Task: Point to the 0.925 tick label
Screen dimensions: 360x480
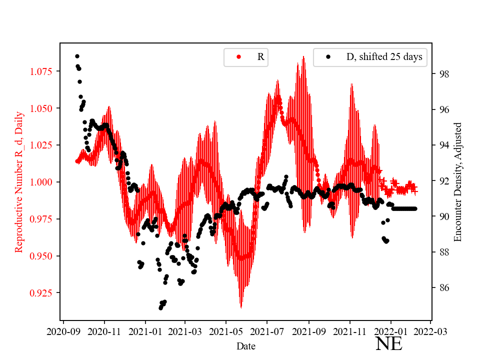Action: point(41,292)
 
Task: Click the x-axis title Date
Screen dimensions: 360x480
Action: point(246,346)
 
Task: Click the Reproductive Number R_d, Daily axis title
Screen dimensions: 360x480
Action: point(19,182)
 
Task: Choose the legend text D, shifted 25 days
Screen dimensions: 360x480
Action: point(384,57)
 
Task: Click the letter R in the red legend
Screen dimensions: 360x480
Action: point(260,57)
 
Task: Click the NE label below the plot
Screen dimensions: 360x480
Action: point(388,344)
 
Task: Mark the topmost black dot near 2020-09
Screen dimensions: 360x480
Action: point(77,56)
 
